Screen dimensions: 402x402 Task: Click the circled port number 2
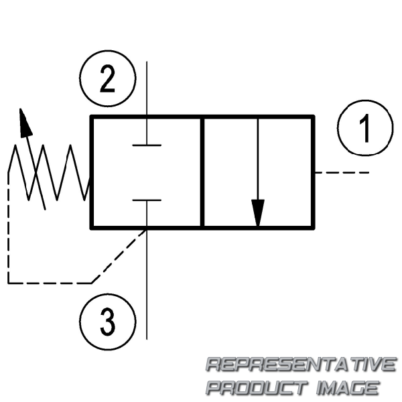[x=108, y=78]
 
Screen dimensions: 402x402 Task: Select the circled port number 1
[x=365, y=128]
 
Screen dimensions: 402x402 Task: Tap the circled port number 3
[x=108, y=322]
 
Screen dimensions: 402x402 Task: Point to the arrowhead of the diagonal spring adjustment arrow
[x=25, y=123]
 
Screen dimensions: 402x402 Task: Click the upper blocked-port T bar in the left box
[x=147, y=145]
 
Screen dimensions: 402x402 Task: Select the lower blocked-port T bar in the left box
[x=147, y=200]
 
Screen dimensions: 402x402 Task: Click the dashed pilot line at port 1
[x=342, y=173]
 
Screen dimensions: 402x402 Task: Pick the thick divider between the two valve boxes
[x=202, y=172]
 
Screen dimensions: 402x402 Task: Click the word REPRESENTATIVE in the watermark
[x=301, y=364]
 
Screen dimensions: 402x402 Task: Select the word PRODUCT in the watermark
[x=257, y=387]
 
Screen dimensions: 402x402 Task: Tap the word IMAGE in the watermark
[x=348, y=387]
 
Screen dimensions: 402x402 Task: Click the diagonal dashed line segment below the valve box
[x=119, y=257]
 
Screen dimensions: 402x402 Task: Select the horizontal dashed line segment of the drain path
[x=50, y=283]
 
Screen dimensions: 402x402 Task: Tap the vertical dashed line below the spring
[x=9, y=228]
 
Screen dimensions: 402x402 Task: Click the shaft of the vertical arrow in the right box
[x=258, y=159]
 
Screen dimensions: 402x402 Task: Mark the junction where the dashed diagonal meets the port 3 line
[x=147, y=230]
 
